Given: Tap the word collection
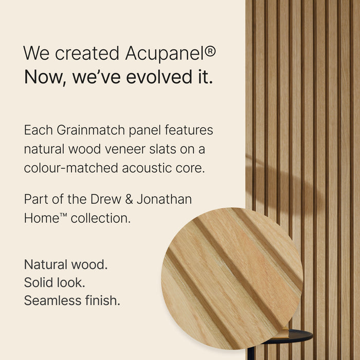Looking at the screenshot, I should click(100, 218).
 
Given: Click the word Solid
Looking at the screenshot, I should click(38, 283).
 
